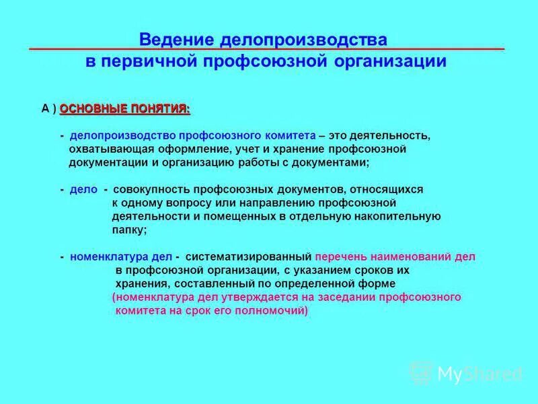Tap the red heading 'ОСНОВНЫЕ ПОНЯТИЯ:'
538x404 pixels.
click(124, 108)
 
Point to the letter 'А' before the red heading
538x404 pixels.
click(46, 108)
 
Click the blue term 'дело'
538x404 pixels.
click(83, 190)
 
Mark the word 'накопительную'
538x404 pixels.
click(404, 216)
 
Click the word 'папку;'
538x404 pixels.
click(129, 230)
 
